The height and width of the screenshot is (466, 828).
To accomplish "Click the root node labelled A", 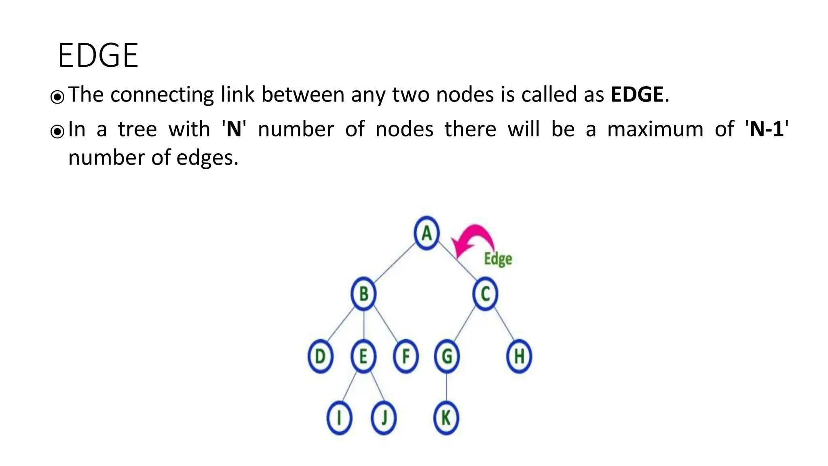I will click(x=427, y=233).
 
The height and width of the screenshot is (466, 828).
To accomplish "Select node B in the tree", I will click(x=363, y=294).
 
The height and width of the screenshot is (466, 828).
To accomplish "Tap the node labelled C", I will click(x=485, y=294).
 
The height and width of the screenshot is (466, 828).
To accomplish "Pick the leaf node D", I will click(x=320, y=356).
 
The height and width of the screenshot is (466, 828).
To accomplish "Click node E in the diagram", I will click(x=363, y=356).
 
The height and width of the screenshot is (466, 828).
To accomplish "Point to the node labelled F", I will click(x=406, y=356).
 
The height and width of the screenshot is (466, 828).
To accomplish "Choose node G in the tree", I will click(x=447, y=356).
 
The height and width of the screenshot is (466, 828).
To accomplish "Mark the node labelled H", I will click(x=519, y=356).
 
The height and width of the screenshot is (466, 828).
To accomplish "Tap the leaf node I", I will click(x=339, y=418).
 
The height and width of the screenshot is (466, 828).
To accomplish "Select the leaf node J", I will click(x=384, y=418).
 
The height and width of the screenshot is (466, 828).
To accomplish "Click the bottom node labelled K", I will click(x=446, y=418).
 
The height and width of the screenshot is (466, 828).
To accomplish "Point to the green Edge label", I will click(x=498, y=259).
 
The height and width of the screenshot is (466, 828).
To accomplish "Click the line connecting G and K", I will click(x=446, y=387).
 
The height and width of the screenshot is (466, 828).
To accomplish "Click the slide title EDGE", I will click(x=98, y=55).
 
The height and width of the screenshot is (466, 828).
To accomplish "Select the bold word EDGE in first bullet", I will click(x=637, y=95).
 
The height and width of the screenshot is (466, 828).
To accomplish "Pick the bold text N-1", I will click(x=767, y=129).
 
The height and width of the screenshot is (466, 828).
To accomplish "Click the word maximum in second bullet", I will click(x=655, y=129).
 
